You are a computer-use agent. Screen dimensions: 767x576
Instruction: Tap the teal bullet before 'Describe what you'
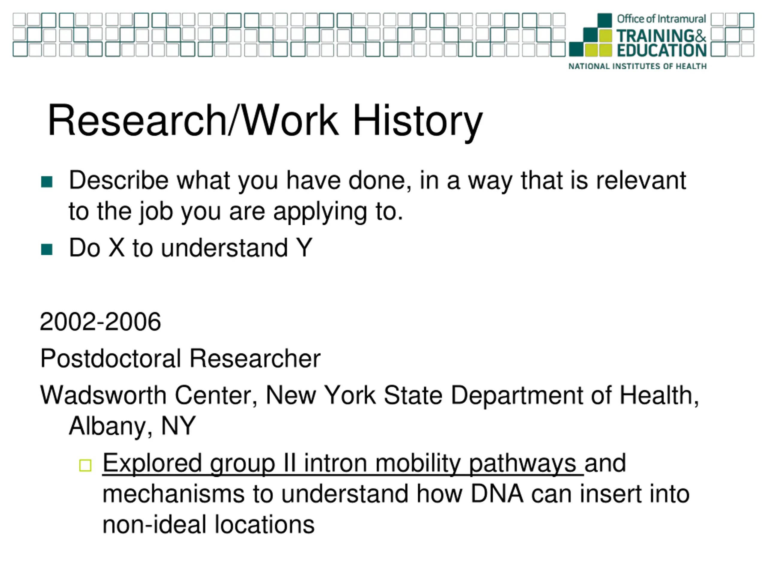click(46, 181)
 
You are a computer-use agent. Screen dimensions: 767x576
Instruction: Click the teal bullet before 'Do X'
click(46, 249)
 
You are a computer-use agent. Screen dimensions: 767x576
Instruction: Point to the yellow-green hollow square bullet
click(85, 466)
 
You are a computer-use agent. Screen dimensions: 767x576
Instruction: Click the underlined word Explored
click(152, 463)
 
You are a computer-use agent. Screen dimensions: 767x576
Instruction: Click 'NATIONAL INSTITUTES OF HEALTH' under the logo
click(637, 66)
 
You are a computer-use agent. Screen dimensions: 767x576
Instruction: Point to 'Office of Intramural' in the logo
click(661, 19)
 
